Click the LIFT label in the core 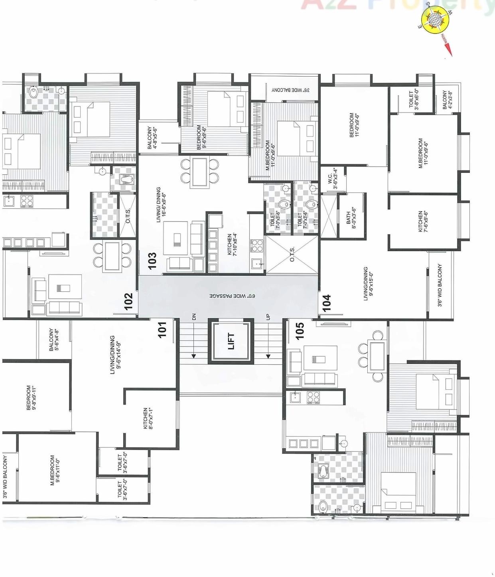point(231,341)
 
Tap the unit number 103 point(152,261)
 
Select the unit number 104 point(327,303)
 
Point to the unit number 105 point(300,331)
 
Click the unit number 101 point(162,330)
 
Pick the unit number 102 point(128,301)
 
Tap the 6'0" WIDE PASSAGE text point(232,296)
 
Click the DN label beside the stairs point(194,317)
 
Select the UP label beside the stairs point(268,317)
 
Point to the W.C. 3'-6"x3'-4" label point(333,179)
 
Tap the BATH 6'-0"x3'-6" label point(351,217)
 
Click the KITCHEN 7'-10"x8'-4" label point(232,244)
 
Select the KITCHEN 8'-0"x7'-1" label point(148,418)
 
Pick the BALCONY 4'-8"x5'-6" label point(152,138)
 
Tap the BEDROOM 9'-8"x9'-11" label point(31,397)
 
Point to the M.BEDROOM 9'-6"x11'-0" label point(55,470)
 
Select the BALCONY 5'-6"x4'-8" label point(53,340)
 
